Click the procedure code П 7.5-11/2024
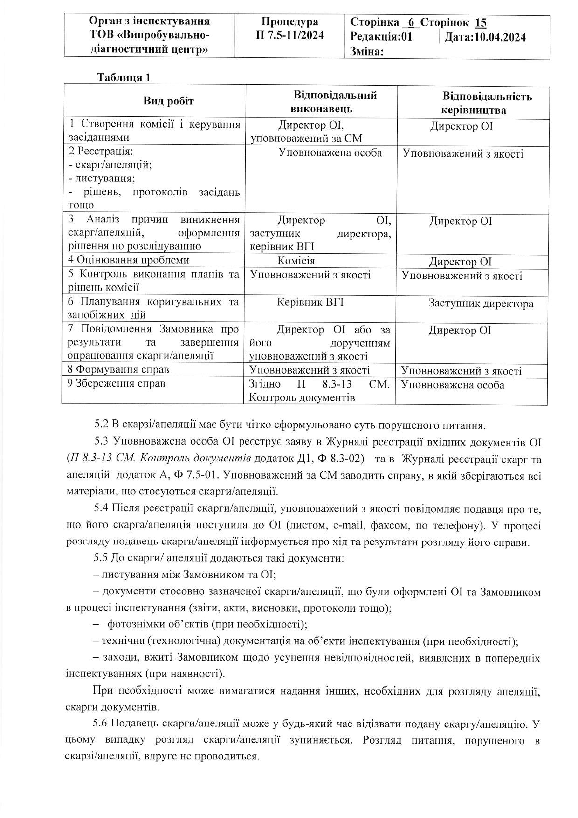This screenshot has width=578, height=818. point(290,35)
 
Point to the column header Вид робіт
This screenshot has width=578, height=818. point(169,101)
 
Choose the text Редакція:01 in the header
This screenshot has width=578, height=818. point(381,37)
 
